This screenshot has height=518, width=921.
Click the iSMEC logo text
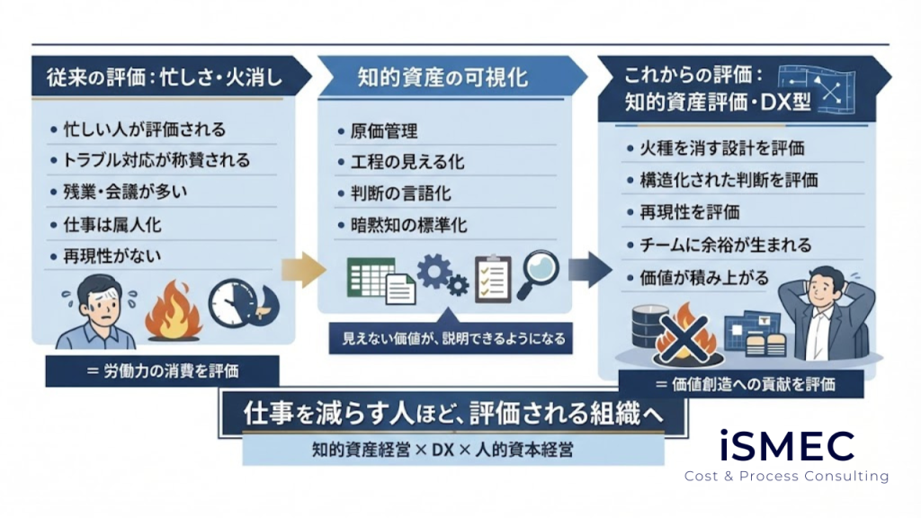pos(787,445)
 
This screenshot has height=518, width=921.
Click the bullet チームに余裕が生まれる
pos(725,245)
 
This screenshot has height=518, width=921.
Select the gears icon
pos(442,275)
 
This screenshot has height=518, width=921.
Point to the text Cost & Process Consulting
pos(786,476)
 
